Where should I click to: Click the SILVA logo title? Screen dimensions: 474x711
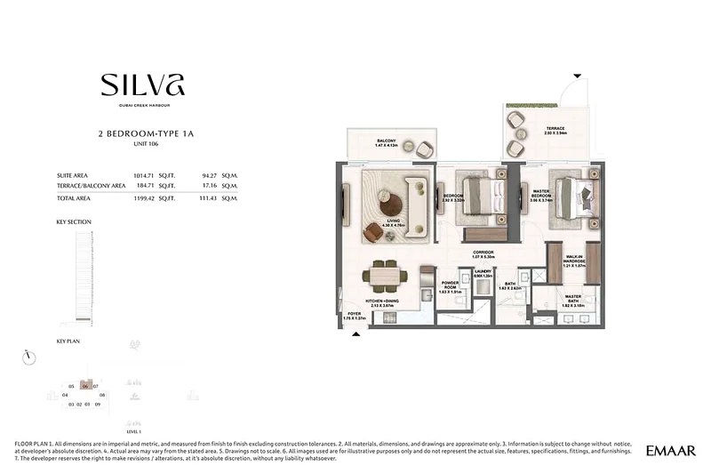[x=143, y=86]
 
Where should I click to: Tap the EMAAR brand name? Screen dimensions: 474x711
[x=671, y=451]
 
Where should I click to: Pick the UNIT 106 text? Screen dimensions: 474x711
[x=144, y=143]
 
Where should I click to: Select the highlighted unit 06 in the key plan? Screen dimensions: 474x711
[x=85, y=386]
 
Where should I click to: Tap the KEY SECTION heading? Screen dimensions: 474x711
[x=74, y=221]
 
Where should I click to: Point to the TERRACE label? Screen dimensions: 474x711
[x=555, y=130]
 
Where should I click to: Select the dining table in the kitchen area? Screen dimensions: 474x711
[x=385, y=277]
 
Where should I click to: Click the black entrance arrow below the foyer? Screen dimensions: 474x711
[x=357, y=334]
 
